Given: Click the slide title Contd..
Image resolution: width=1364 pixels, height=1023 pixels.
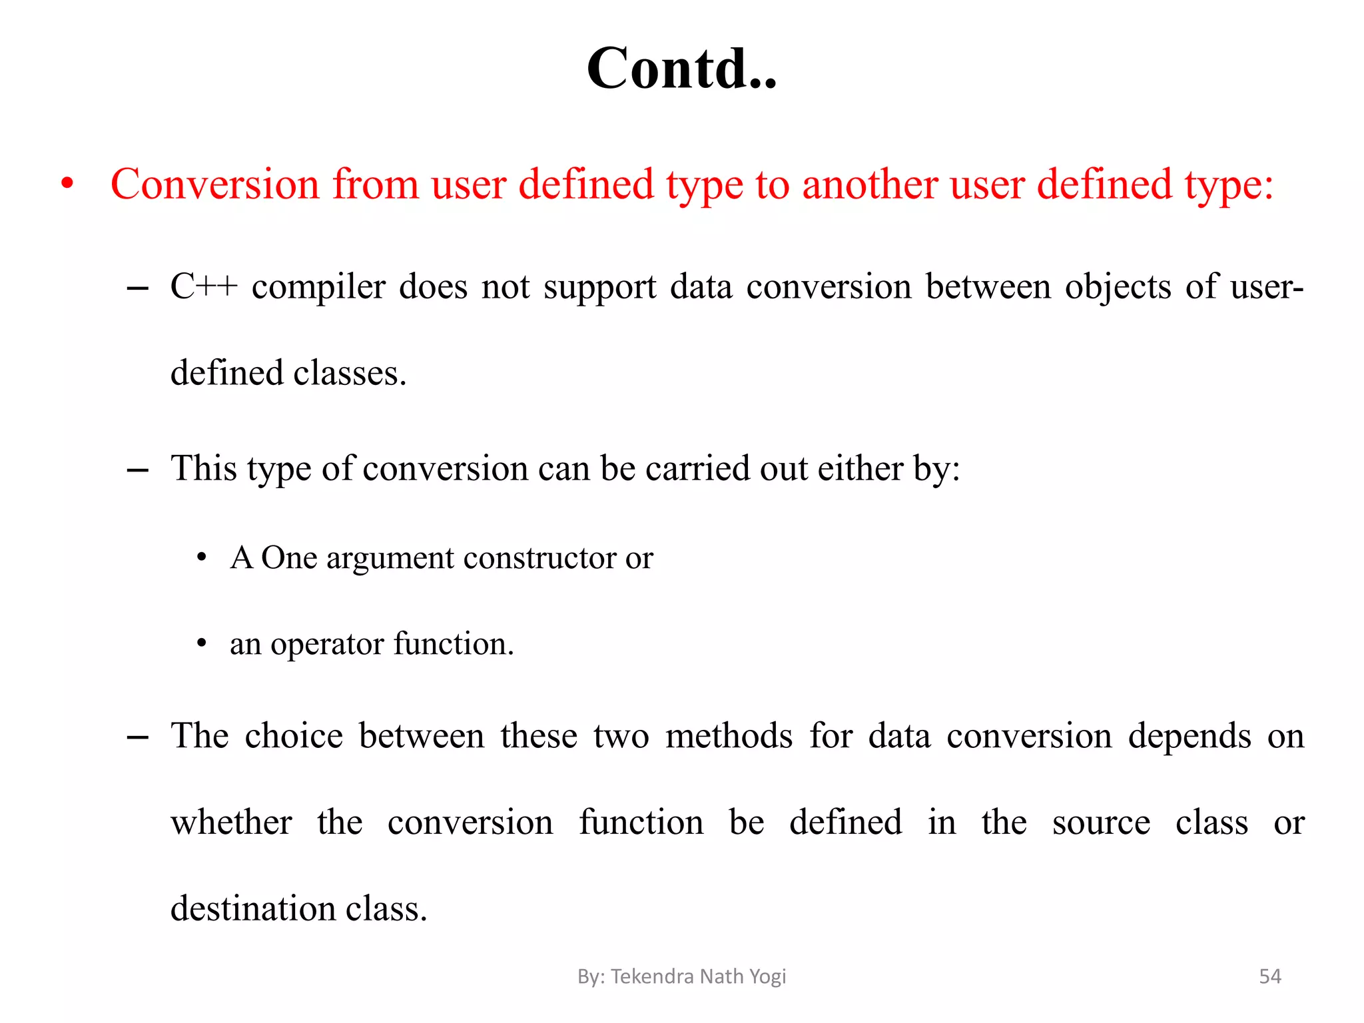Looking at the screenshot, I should (681, 69).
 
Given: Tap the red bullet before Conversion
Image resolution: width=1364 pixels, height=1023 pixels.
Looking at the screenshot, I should (67, 184).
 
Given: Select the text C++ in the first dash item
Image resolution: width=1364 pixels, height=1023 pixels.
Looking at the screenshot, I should (204, 287).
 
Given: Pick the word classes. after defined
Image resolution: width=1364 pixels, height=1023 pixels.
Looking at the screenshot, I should (350, 373).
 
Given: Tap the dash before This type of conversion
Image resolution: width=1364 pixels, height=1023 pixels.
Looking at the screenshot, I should (137, 470).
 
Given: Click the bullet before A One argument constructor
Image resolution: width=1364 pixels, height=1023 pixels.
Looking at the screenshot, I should (202, 557).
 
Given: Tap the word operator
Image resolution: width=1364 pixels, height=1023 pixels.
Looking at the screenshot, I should (327, 645).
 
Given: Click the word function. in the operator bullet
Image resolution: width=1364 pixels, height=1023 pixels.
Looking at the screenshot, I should (454, 644).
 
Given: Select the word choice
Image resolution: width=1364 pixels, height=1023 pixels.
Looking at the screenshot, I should (294, 736).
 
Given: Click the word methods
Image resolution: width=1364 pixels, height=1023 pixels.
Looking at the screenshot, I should (729, 736).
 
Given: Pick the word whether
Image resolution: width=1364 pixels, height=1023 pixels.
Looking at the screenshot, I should (231, 822).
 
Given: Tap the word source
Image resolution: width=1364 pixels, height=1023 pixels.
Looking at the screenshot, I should (1101, 823).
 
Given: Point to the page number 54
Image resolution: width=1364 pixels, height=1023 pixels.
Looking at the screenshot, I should (1269, 976).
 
